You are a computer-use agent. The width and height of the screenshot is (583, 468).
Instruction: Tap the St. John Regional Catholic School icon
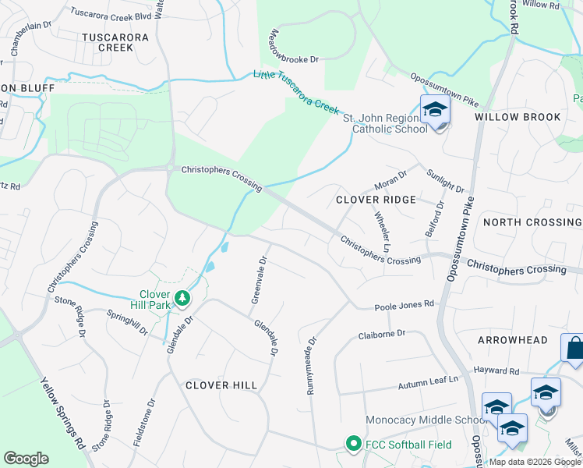click(x=435, y=110)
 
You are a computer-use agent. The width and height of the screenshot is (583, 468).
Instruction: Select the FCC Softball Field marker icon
click(x=352, y=444)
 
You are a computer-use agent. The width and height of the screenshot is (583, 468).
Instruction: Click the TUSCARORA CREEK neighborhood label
click(x=105, y=41)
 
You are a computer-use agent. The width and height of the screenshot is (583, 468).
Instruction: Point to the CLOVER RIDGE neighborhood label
click(x=376, y=200)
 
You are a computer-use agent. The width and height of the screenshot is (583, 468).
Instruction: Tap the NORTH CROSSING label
click(x=532, y=222)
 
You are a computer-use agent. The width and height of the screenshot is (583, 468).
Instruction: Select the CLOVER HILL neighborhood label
click(x=223, y=385)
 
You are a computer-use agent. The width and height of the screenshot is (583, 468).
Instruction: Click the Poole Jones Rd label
click(x=404, y=305)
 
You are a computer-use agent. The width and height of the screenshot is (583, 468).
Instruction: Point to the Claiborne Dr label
click(x=382, y=334)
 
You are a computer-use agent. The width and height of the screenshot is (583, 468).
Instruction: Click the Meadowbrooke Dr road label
click(x=295, y=47)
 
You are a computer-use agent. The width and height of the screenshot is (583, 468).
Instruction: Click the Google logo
click(x=26, y=459)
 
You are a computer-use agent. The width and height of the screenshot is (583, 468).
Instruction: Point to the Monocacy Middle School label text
click(x=426, y=420)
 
